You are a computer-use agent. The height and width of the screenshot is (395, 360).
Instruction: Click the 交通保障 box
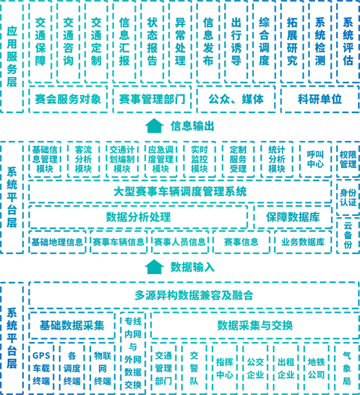[x=40, y=42]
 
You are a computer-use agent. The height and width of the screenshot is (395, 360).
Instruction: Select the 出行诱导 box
[x=236, y=42]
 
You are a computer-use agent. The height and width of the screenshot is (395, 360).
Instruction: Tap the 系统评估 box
[x=348, y=42]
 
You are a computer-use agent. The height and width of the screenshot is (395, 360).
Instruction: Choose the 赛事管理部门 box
[x=152, y=99]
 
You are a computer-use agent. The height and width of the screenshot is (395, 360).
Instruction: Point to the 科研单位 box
[x=320, y=99]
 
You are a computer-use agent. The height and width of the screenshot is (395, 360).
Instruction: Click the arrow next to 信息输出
[x=154, y=125]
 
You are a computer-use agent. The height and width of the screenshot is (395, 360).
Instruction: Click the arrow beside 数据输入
[x=154, y=267]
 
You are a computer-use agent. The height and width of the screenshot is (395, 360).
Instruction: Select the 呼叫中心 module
[x=315, y=159]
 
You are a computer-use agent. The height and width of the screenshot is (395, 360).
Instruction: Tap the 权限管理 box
[x=348, y=159]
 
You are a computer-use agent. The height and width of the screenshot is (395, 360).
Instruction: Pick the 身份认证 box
[x=348, y=198]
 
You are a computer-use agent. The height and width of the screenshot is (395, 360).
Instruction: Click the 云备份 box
[x=348, y=235]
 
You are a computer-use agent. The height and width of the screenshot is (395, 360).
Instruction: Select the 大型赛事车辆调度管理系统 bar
[x=180, y=191]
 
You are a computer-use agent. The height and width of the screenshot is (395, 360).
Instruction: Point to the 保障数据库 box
[x=293, y=217]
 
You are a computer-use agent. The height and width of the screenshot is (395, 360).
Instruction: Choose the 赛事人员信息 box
[x=180, y=242]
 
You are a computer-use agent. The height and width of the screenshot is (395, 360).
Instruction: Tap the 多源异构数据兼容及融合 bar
[x=194, y=295]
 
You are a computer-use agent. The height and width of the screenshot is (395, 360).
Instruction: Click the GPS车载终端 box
[x=41, y=368]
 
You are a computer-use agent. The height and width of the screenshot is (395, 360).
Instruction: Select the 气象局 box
[x=347, y=368]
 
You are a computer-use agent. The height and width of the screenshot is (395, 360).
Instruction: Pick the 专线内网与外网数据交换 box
[x=133, y=353]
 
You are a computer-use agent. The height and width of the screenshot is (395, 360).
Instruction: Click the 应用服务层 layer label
[x=12, y=56]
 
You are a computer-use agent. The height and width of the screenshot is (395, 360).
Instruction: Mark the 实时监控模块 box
[x=199, y=159]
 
